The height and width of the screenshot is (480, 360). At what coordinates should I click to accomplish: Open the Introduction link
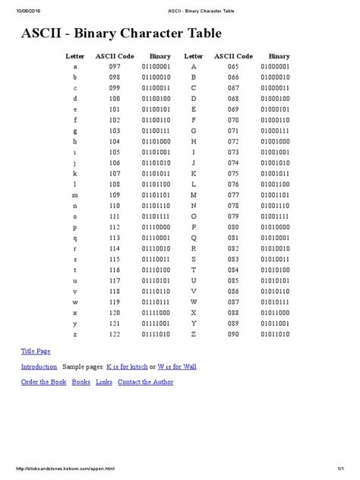[x=39, y=366]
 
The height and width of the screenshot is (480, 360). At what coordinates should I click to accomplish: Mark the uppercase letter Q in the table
[x=194, y=238]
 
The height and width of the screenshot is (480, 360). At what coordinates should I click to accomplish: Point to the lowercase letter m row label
[x=74, y=195]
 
